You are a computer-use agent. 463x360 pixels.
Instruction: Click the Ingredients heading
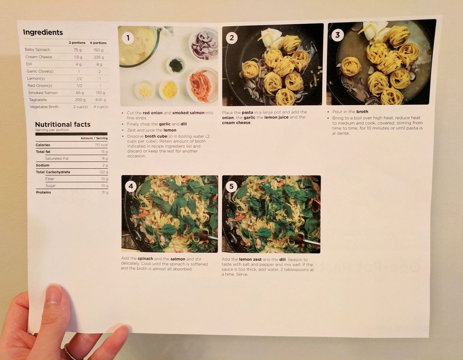coord(43,32)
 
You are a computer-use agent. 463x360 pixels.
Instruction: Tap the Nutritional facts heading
coord(62,124)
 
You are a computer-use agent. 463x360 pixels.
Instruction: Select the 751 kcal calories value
coord(101,145)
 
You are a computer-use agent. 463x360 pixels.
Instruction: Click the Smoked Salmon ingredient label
coord(43,93)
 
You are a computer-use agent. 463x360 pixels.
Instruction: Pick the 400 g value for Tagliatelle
coord(100,100)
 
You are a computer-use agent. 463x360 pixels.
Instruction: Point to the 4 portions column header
coord(98,43)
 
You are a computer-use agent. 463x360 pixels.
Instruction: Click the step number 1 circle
coord(128,38)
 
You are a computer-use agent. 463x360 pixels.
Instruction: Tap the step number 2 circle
coord(231,38)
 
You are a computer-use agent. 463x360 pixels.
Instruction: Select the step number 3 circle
coord(337,35)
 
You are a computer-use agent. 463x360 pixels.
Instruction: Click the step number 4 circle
coord(131,186)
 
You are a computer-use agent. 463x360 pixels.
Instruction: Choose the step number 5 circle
coord(231,187)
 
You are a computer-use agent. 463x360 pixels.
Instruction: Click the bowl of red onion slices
coord(204,44)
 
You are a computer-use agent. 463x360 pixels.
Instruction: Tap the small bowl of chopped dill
coord(176,65)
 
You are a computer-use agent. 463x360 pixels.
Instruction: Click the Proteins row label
coord(43,192)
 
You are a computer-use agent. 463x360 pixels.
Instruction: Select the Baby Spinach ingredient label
coord(38,50)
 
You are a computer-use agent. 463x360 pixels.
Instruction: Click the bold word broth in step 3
coord(362,111)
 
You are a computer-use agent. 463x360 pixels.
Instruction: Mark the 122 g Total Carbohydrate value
coord(104,172)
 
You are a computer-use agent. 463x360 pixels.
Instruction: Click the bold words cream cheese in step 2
coord(236,123)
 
